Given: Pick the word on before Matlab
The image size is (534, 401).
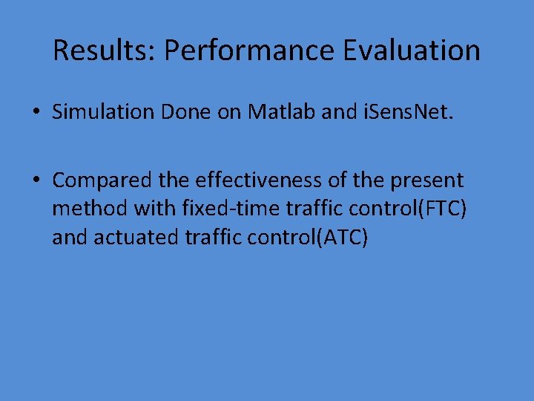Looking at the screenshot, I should click(x=231, y=112).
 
